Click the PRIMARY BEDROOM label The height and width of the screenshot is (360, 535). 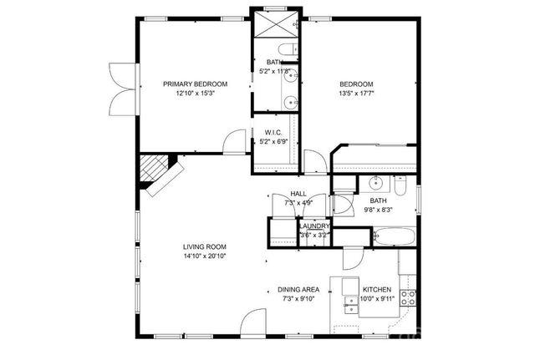(x=195, y=84)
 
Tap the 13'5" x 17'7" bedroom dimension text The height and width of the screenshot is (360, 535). (x=356, y=94)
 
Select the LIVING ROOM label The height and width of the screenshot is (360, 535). (x=205, y=246)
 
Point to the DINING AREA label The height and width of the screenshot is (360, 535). (x=298, y=290)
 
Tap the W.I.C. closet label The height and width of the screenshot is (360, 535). (x=273, y=132)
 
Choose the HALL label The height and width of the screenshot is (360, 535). (x=287, y=193)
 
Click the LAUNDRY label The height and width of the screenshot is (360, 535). (x=314, y=226)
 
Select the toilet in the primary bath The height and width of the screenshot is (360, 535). (x=287, y=53)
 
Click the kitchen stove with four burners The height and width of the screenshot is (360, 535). (x=409, y=296)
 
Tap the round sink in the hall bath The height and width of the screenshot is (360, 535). (x=374, y=183)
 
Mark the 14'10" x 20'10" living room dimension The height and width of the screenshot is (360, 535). (x=205, y=256)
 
